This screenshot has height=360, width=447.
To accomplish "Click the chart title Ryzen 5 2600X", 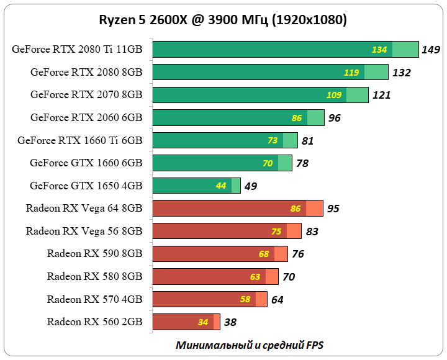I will (x=223, y=20).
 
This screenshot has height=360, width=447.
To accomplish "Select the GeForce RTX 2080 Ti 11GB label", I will (x=77, y=50).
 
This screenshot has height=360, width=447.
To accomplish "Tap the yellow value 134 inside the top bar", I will (x=379, y=50).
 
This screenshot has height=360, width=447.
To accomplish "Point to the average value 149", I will (x=430, y=50).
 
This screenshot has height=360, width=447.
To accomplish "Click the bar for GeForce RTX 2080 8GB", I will (x=270, y=73).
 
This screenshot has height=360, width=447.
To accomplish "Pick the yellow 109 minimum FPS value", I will (x=334, y=95).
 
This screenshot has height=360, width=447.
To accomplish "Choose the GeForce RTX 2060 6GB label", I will (x=86, y=117).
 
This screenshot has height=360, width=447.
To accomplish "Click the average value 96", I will (x=334, y=118).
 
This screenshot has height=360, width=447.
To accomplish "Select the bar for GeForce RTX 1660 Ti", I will (x=225, y=140).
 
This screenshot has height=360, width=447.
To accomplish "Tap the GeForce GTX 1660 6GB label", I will (x=86, y=163).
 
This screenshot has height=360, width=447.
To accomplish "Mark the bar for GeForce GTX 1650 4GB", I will (x=196, y=186).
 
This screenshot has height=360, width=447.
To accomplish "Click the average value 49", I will (x=250, y=186).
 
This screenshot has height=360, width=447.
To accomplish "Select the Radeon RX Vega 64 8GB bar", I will (x=237, y=209).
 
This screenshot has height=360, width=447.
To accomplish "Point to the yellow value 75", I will (x=276, y=232).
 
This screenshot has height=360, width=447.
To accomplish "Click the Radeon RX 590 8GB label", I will (x=94, y=254).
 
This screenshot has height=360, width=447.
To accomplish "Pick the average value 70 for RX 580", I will (x=289, y=277).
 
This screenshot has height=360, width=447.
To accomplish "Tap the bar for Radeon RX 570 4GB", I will (x=209, y=299).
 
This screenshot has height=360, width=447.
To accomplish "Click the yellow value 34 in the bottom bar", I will (x=203, y=322).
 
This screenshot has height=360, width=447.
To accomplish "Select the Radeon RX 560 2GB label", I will (x=94, y=322).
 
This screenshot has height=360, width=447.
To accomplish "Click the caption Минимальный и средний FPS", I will (x=250, y=345).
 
